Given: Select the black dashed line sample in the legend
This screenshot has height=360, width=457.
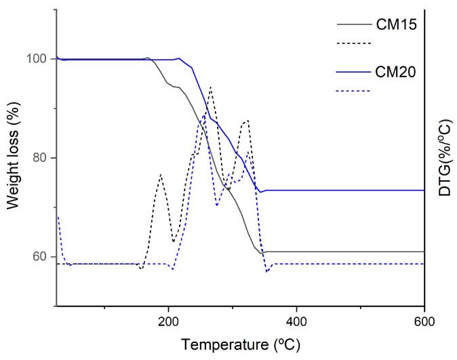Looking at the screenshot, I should (353, 45).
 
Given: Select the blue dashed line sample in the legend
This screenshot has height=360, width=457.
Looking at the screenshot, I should (353, 90).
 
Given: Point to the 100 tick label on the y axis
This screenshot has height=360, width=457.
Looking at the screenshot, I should (37, 59).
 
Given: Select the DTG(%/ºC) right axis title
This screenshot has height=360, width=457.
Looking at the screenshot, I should (444, 159).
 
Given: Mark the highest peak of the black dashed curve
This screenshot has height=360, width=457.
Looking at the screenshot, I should (211, 87).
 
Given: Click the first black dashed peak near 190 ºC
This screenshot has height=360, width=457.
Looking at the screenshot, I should (161, 175).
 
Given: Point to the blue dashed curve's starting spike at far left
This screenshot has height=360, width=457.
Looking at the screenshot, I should (58, 217).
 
